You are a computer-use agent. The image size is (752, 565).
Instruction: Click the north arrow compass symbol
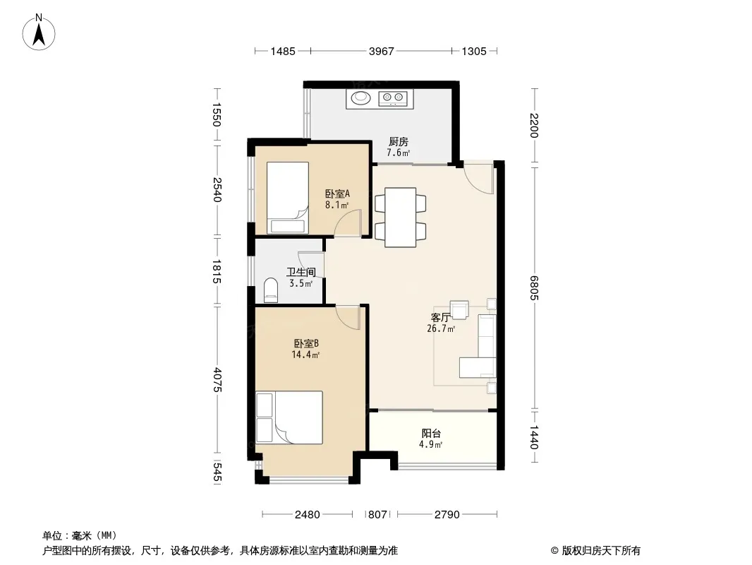[x=39, y=32]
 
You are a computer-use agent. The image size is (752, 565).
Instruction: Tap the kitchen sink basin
[x=361, y=98]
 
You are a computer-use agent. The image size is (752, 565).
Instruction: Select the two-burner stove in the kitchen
[x=393, y=98]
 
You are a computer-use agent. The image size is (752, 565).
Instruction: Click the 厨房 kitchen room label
[x=399, y=142]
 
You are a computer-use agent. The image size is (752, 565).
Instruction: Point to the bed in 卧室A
[x=287, y=197]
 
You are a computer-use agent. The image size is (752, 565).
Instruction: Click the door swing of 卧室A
[x=348, y=223]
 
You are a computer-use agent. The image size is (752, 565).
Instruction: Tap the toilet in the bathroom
[x=271, y=290]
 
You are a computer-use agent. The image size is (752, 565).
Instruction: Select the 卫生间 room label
[x=301, y=272]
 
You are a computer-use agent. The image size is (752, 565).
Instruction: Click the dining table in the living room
[x=401, y=218]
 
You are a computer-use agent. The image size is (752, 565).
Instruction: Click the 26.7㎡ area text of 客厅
[x=441, y=329]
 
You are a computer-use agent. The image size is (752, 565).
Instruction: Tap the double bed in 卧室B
[x=289, y=417]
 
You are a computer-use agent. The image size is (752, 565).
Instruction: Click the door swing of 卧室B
[x=348, y=318]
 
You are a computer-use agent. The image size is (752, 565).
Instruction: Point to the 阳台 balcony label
[x=431, y=433]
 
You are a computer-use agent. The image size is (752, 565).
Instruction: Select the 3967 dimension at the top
[x=381, y=51]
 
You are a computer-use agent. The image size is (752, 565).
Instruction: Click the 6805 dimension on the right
[x=534, y=287]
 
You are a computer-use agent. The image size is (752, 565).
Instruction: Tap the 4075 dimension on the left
[x=217, y=380]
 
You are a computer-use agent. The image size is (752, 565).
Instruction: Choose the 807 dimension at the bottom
[x=377, y=515]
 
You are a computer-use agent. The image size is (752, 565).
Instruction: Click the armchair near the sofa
[x=459, y=309]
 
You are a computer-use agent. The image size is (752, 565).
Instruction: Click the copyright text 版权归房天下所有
[x=601, y=551]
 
